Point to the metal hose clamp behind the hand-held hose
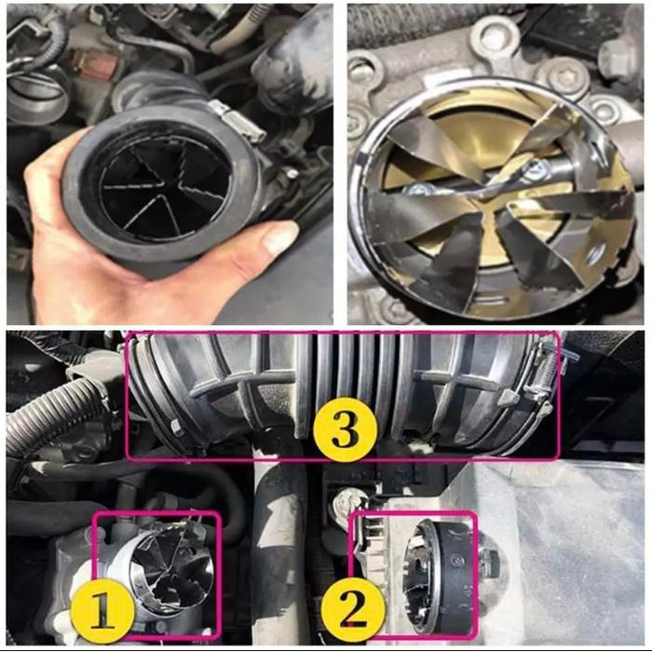pos(228,116)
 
